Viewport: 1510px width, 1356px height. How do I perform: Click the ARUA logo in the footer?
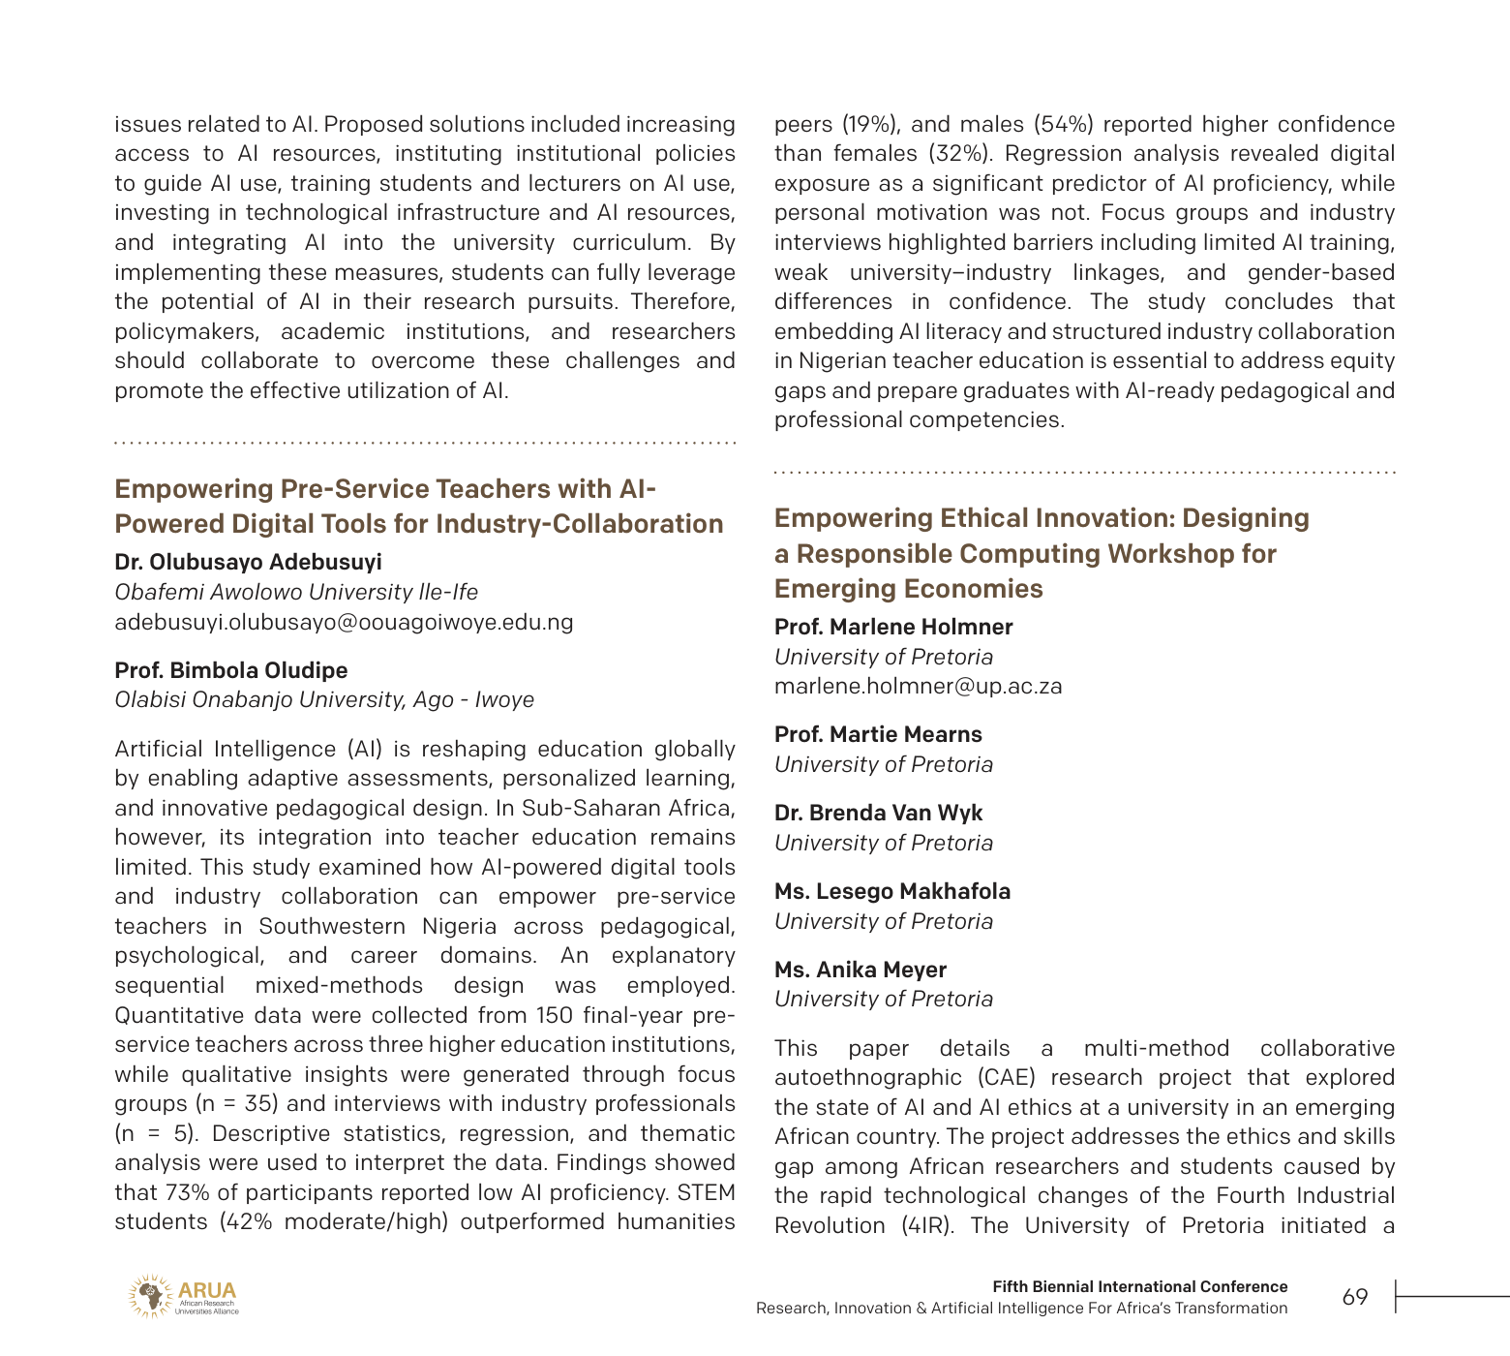(182, 1296)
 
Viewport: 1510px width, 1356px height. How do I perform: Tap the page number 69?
(1355, 1297)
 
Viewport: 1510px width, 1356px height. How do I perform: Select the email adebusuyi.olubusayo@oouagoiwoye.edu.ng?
(344, 622)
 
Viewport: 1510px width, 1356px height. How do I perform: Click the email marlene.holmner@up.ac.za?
(918, 687)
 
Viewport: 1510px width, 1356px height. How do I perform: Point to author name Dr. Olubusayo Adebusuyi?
(248, 563)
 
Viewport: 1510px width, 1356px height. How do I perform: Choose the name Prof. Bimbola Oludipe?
(230, 670)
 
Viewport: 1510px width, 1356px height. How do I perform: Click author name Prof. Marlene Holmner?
(893, 628)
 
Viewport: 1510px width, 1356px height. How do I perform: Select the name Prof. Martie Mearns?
(878, 735)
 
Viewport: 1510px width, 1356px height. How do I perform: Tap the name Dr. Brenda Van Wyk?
(878, 814)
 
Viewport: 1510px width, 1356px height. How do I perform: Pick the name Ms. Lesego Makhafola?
(891, 892)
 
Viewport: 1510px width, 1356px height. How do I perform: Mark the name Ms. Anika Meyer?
(860, 971)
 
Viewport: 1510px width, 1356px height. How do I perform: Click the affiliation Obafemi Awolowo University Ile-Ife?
(296, 593)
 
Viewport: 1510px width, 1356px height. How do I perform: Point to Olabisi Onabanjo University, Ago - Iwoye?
(324, 700)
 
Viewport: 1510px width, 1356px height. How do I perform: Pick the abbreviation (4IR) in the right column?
(929, 1226)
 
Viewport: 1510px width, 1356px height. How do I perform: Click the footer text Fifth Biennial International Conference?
(1139, 1287)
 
